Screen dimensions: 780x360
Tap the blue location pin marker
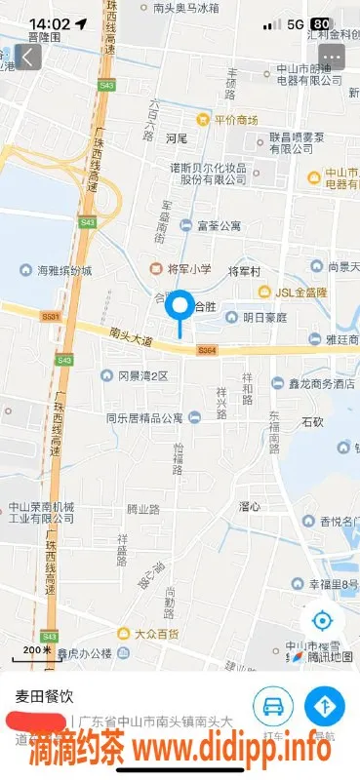[x=180, y=308]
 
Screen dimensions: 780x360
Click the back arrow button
[x=28, y=57]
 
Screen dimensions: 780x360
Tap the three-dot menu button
[x=333, y=57]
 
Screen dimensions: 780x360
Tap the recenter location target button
[x=321, y=621]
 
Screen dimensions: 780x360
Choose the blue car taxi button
[x=273, y=705]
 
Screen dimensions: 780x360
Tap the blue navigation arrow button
[x=324, y=705]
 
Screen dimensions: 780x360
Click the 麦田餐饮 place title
[x=44, y=696]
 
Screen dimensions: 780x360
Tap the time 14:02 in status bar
[x=49, y=23]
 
